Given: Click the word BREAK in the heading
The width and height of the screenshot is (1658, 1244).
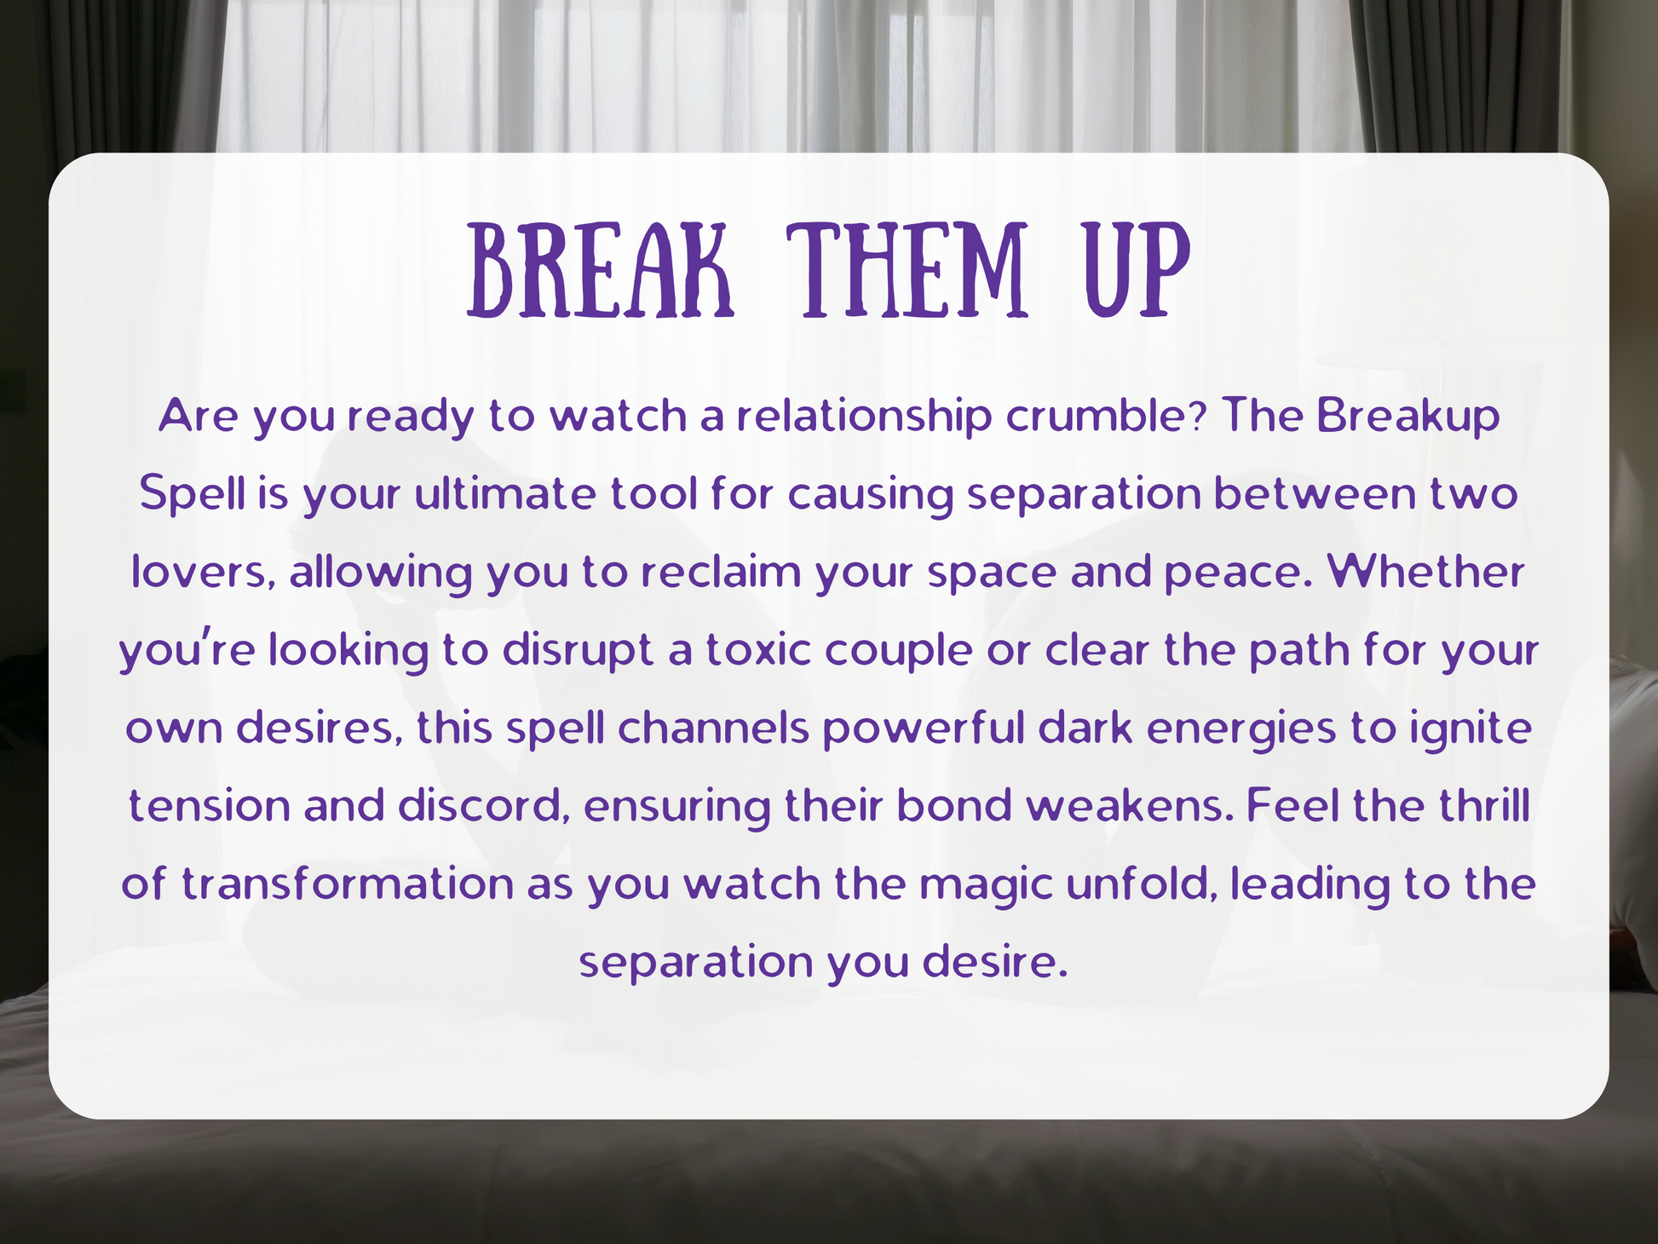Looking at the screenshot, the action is point(600,270).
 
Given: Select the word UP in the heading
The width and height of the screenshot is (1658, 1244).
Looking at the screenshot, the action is point(1137,270).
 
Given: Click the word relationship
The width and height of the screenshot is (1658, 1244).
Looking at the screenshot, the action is point(864,418).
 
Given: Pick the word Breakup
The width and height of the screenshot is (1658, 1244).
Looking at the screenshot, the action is point(1408,418).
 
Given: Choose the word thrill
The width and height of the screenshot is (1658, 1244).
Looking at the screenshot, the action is point(1485,807).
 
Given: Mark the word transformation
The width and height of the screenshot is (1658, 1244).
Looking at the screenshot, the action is point(348,884).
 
